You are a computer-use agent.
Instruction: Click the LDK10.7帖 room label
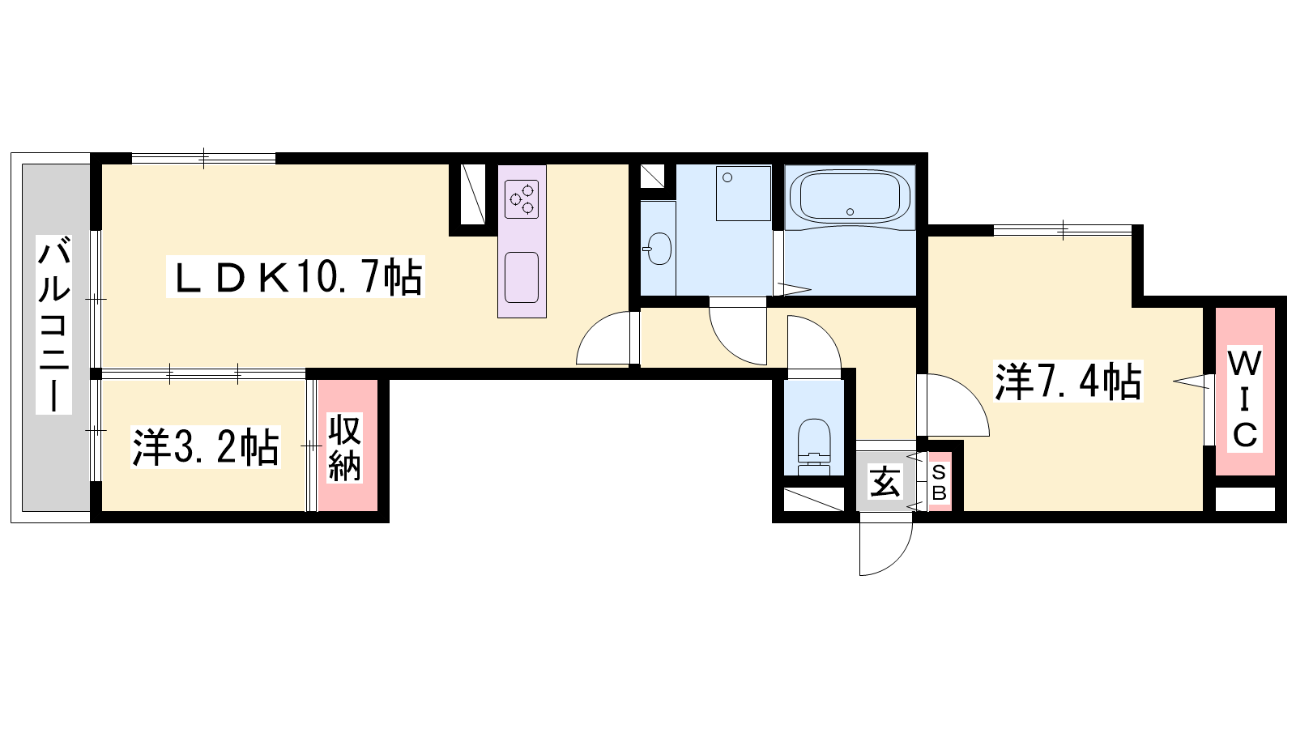pyautogui.click(x=296, y=276)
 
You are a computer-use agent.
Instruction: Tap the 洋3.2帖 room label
pyautogui.click(x=206, y=447)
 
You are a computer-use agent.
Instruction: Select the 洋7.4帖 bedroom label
pyautogui.click(x=1068, y=381)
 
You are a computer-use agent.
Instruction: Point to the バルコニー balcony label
pyautogui.click(x=53, y=324)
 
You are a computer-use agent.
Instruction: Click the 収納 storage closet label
pyautogui.click(x=345, y=447)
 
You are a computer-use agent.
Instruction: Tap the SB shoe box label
pyautogui.click(x=939, y=483)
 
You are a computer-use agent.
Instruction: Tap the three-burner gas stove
pyautogui.click(x=522, y=199)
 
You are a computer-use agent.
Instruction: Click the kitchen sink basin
pyautogui.click(x=522, y=277)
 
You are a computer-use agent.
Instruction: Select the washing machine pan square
pyautogui.click(x=744, y=194)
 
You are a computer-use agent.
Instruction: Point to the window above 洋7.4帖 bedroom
pyautogui.click(x=1062, y=230)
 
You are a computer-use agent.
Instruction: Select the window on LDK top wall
pyautogui.click(x=203, y=158)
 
